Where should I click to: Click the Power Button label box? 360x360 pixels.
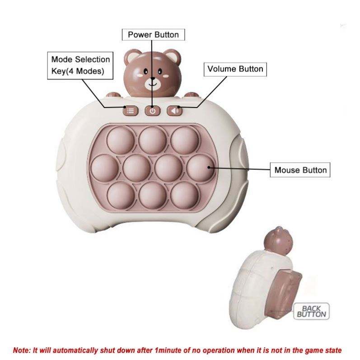[x=153, y=34]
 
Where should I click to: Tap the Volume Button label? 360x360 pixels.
[x=235, y=69]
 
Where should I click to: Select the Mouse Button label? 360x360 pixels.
[x=300, y=170]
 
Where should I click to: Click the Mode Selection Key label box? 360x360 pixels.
[x=80, y=65]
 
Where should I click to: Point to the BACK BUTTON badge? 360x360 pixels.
[x=311, y=311]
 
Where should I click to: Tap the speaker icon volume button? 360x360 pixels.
[x=174, y=110]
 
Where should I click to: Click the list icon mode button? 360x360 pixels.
[x=130, y=110]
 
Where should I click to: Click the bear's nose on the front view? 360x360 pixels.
[x=152, y=78]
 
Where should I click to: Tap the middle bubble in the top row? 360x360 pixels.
[x=152, y=139]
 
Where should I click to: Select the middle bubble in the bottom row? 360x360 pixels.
[x=152, y=195]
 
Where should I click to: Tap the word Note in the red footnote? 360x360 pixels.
[x=22, y=350]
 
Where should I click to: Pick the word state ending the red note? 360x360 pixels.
[x=332, y=350]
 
